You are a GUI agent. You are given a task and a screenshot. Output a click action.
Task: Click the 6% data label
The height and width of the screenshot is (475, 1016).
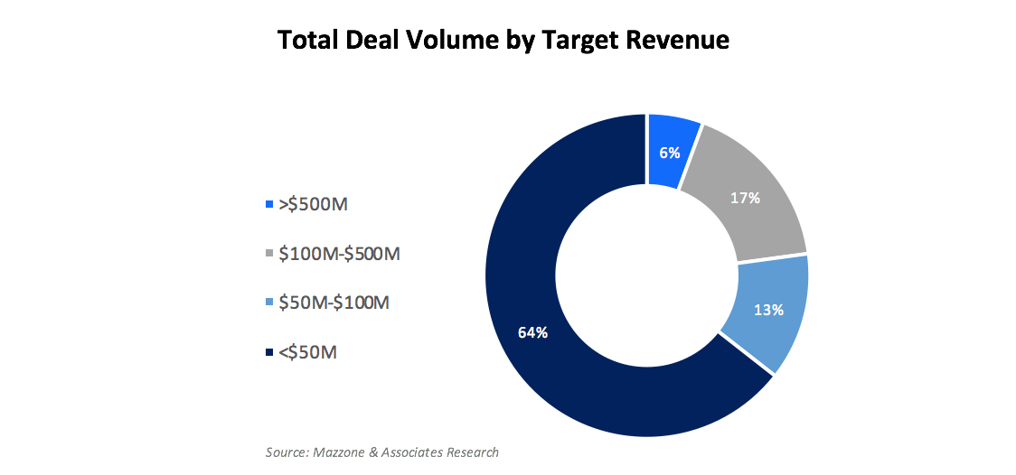pyautogui.click(x=669, y=153)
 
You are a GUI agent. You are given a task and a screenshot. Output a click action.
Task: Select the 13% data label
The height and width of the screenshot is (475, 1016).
pyautogui.click(x=767, y=310)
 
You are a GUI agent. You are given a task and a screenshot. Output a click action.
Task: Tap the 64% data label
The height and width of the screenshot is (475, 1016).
pyautogui.click(x=532, y=332)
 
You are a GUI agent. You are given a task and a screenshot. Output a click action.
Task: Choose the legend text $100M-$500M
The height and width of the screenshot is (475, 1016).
pyautogui.click(x=339, y=254)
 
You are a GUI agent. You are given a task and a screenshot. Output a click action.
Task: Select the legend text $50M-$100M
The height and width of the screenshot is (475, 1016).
pyautogui.click(x=334, y=303)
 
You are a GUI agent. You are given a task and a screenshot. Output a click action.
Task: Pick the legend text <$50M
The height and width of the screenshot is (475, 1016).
pyautogui.click(x=308, y=352)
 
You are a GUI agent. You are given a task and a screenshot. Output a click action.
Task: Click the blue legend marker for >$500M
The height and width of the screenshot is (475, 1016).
pyautogui.click(x=268, y=205)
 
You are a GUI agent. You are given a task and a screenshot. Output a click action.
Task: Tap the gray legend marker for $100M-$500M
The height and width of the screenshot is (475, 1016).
pyautogui.click(x=268, y=255)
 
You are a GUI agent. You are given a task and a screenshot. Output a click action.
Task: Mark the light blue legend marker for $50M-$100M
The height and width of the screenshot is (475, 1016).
pyautogui.click(x=268, y=303)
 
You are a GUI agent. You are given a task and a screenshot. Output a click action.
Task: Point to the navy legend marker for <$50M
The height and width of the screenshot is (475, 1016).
pyautogui.click(x=268, y=353)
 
